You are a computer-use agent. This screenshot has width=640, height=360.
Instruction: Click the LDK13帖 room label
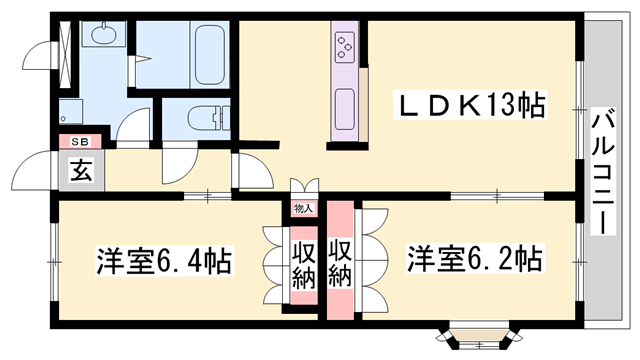469,106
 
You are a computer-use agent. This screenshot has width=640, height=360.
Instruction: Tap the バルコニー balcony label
604,171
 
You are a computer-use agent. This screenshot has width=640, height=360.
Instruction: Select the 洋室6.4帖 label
164,260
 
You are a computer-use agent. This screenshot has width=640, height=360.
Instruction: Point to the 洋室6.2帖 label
475,258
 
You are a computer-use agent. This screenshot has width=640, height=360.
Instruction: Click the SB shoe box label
80,142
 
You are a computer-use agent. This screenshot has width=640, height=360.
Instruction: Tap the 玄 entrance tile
81,170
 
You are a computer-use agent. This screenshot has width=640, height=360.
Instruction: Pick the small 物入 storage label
304,209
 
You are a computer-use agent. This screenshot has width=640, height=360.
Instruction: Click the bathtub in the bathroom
209,55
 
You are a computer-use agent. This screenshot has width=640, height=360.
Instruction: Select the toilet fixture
209,118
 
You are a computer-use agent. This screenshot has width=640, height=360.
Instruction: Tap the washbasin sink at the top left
104,34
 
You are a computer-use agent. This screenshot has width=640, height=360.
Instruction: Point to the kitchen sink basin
344,109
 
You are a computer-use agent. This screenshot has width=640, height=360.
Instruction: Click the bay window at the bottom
479,337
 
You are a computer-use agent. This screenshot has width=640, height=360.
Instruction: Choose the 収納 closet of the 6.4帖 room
304,266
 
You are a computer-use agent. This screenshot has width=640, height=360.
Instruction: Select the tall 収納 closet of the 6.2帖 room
340,260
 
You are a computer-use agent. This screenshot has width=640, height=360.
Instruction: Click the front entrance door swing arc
32,170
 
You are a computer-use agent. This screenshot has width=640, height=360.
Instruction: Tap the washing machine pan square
71,111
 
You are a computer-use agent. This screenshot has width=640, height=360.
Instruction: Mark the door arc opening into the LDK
255,171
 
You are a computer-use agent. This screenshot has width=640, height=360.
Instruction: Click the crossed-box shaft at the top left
65,55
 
